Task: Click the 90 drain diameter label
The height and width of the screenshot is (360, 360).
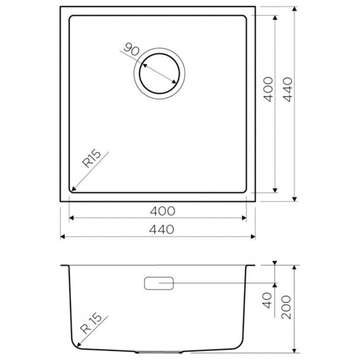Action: pos(131,49)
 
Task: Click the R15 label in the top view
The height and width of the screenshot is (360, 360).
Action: pos(91,158)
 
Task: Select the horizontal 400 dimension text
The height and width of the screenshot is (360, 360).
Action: pos(163,211)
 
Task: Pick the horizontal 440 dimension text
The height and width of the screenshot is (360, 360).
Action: pos(162,229)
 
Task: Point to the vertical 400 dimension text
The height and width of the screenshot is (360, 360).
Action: pos(268,89)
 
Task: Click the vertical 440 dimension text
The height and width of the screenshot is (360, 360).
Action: pos(287,90)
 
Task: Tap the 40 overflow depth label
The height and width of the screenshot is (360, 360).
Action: pos(267,300)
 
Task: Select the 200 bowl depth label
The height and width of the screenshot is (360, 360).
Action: pos(286,307)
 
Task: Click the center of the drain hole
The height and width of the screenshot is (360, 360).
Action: pos(159,73)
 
